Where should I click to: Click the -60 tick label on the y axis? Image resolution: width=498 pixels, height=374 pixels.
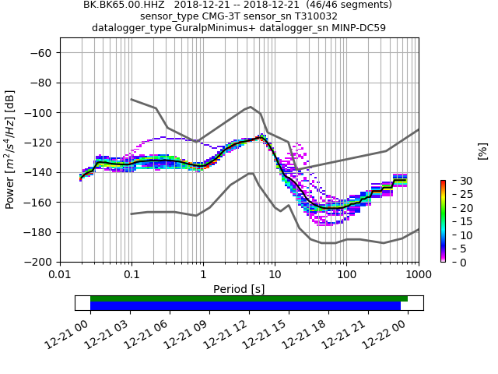[x=41, y=52]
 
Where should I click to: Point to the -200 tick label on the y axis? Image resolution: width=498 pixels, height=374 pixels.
[x=38, y=262]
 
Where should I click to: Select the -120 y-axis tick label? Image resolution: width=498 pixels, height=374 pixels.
[x=38, y=143]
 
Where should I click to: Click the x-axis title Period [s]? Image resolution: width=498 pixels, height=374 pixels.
[x=239, y=289]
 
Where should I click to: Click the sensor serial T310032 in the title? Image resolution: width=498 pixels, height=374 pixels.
[x=311, y=16]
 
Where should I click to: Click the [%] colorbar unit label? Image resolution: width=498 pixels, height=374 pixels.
[x=482, y=150]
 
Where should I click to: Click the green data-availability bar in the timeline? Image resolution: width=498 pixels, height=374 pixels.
[x=249, y=298]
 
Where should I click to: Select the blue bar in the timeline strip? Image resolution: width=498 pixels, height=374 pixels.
[x=245, y=306]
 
